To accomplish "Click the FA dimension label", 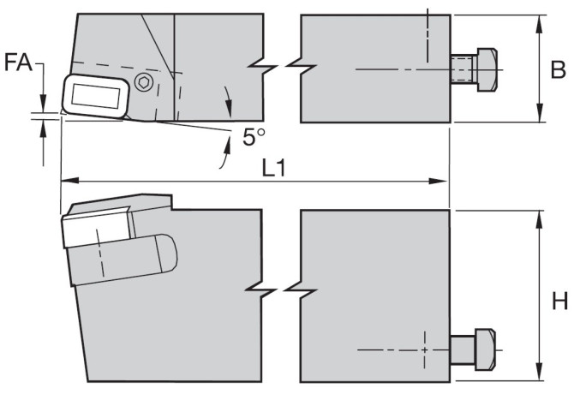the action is [x=18, y=62].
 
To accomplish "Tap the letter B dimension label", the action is [x=559, y=69].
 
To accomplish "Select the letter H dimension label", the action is [x=559, y=301].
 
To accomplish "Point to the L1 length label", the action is [x=273, y=168].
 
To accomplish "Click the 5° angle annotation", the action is [x=254, y=137].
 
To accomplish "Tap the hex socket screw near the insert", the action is [x=144, y=82].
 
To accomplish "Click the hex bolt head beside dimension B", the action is [x=487, y=69].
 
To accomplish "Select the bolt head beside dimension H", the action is [x=486, y=349].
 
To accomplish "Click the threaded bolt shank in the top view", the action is [x=463, y=69].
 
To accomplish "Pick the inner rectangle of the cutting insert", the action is [x=96, y=96].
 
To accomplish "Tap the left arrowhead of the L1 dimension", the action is [x=69, y=181].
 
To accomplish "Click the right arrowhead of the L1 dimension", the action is [x=438, y=181].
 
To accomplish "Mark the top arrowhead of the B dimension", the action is [x=540, y=24].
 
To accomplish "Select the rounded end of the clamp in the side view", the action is [x=168, y=254].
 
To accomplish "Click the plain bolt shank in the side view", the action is [x=463, y=349].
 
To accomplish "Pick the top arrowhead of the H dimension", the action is [x=539, y=220].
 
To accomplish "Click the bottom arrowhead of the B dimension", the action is [x=540, y=113].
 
